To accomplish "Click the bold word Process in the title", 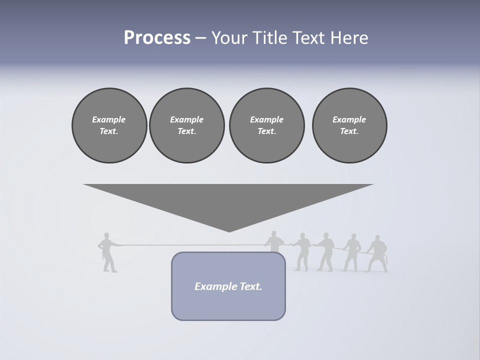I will pos(157,38).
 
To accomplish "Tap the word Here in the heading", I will pos(349,38).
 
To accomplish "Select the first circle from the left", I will pos(109,125).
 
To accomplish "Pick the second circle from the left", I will pos(186,125).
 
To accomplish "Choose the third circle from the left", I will pos(266,125).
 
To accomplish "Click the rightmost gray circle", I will pos(349,125).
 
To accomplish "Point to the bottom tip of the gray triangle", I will pos(229,230).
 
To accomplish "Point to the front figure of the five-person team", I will pos(274,242).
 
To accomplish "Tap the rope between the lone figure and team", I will pos(190,245).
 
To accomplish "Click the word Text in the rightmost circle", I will pos(349,131).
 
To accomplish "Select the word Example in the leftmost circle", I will pos(109,119).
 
